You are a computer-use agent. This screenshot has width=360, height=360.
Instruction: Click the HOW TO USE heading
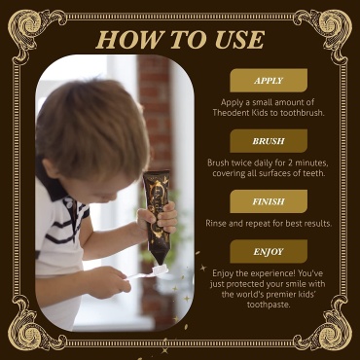coord(180,40)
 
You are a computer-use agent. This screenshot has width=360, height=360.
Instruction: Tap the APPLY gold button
coord(269,81)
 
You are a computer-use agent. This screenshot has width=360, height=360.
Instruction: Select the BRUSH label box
coord(269,141)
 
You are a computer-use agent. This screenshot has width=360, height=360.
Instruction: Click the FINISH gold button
coord(269,201)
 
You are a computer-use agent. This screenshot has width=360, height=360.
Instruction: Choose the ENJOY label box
coord(269,251)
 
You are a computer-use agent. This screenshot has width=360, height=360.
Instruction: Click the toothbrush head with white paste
coord(160,270)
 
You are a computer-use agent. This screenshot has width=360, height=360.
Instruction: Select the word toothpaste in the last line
coord(269,306)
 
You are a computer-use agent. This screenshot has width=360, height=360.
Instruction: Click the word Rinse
coord(216,223)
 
